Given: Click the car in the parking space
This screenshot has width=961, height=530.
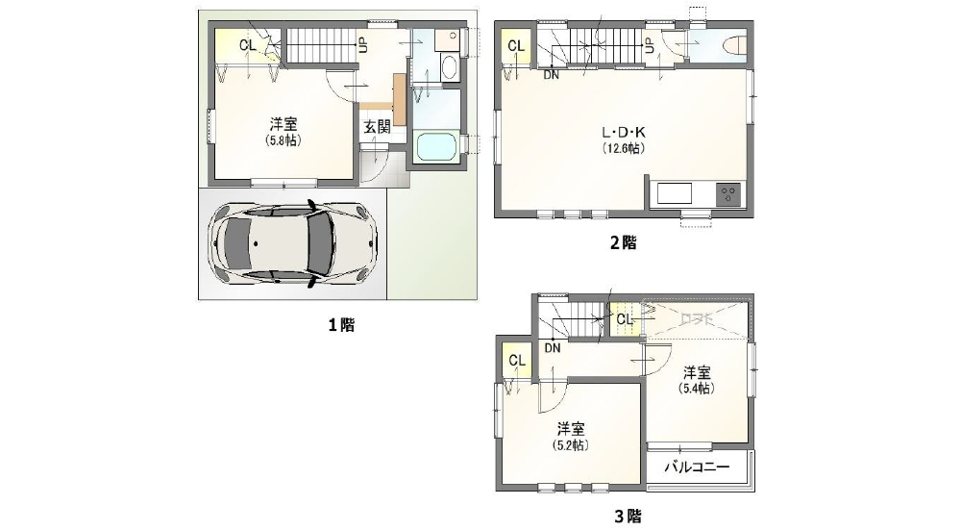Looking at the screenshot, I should pos(293,245).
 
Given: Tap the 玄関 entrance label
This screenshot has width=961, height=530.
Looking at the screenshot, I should pos(377,126).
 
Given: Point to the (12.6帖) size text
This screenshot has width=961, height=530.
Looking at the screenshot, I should pos(623,148).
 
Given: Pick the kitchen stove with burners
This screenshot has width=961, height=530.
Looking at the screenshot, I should pos(727,193).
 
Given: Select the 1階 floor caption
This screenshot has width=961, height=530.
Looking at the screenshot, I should pos(341,325).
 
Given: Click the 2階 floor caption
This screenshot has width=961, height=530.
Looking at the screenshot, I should pos(623,242).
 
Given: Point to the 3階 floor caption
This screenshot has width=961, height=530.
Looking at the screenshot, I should pos(627,517).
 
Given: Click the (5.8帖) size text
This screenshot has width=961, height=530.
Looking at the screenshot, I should pos(282,139).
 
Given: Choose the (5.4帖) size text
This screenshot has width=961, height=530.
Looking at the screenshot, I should pos(697,389).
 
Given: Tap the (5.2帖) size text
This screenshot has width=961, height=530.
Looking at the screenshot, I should pos(571,444).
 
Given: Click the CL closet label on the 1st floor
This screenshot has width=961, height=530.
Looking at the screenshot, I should pos(248,45).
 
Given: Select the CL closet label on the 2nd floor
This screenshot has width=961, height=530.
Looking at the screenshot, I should pos(515,46).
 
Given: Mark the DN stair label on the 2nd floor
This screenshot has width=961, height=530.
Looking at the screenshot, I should pos(552,75).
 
